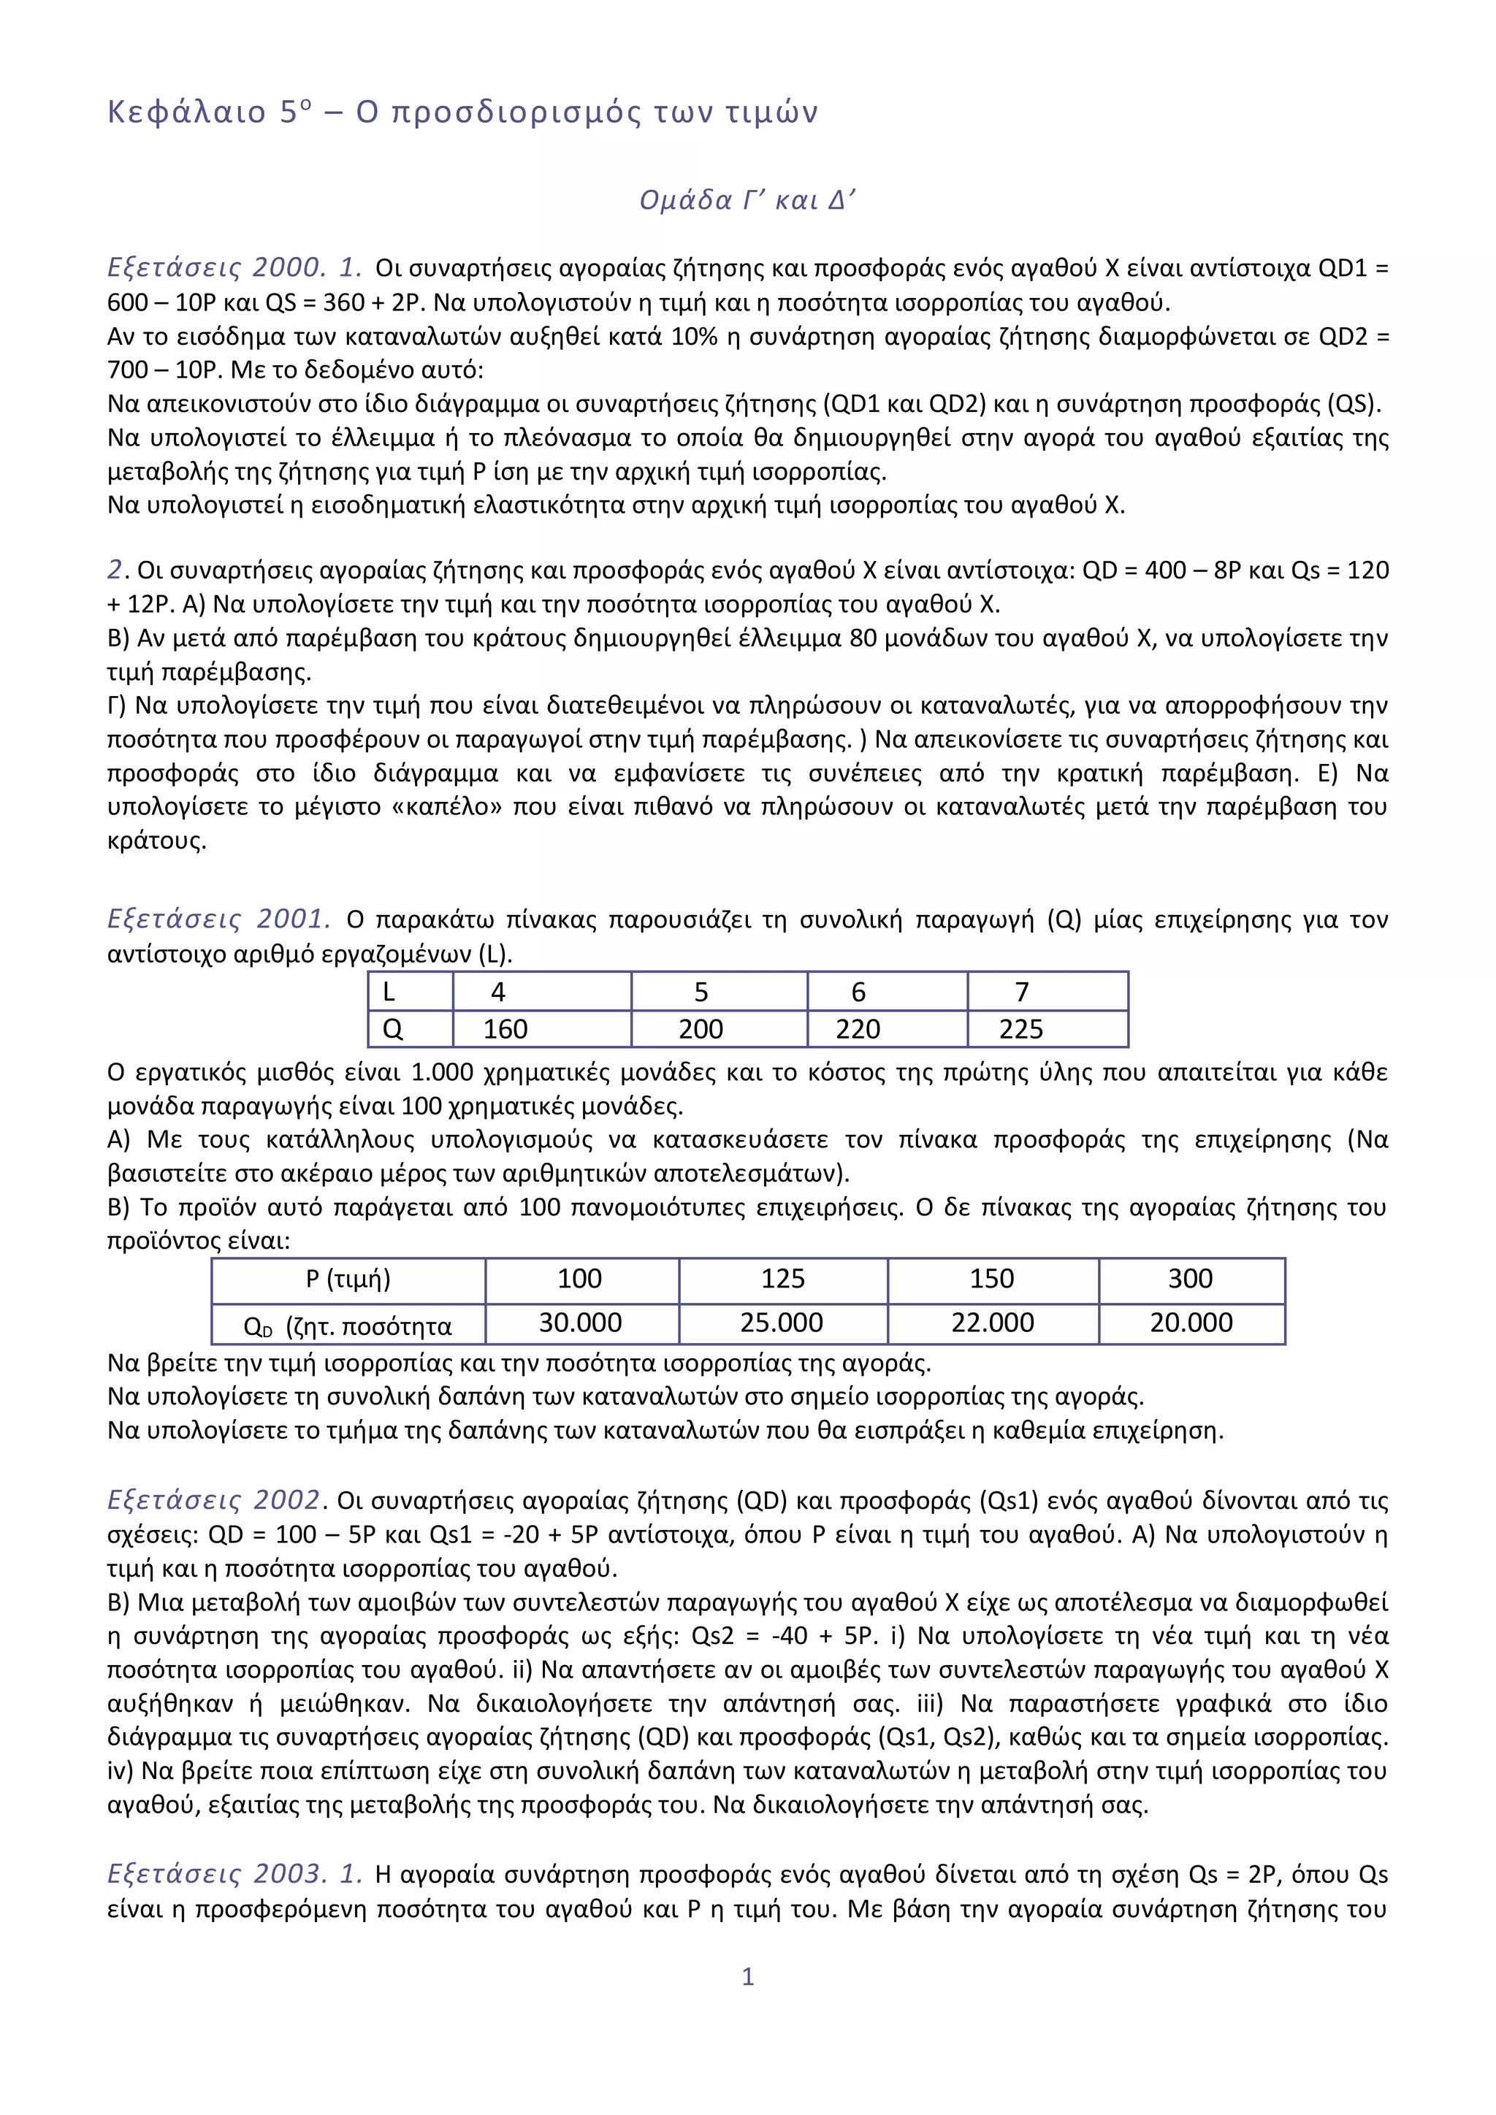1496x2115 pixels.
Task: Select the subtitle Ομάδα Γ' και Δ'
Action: [747, 200]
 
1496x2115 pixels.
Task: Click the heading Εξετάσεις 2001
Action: [219, 919]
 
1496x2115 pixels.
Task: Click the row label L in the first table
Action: [389, 992]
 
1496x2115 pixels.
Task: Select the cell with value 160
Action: [505, 1029]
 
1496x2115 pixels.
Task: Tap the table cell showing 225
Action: [1020, 1029]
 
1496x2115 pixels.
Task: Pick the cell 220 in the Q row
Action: [858, 1029]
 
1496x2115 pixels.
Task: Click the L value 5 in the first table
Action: [701, 992]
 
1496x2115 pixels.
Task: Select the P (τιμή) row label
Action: [348, 1279]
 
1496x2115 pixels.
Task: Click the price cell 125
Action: [783, 1279]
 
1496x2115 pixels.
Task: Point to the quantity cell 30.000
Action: [580, 1323]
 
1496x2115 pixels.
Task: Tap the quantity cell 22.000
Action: [992, 1323]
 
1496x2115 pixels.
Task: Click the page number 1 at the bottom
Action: [748, 1976]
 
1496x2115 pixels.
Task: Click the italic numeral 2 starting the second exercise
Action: [115, 570]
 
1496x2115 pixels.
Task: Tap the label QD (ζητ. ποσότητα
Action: [348, 1326]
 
